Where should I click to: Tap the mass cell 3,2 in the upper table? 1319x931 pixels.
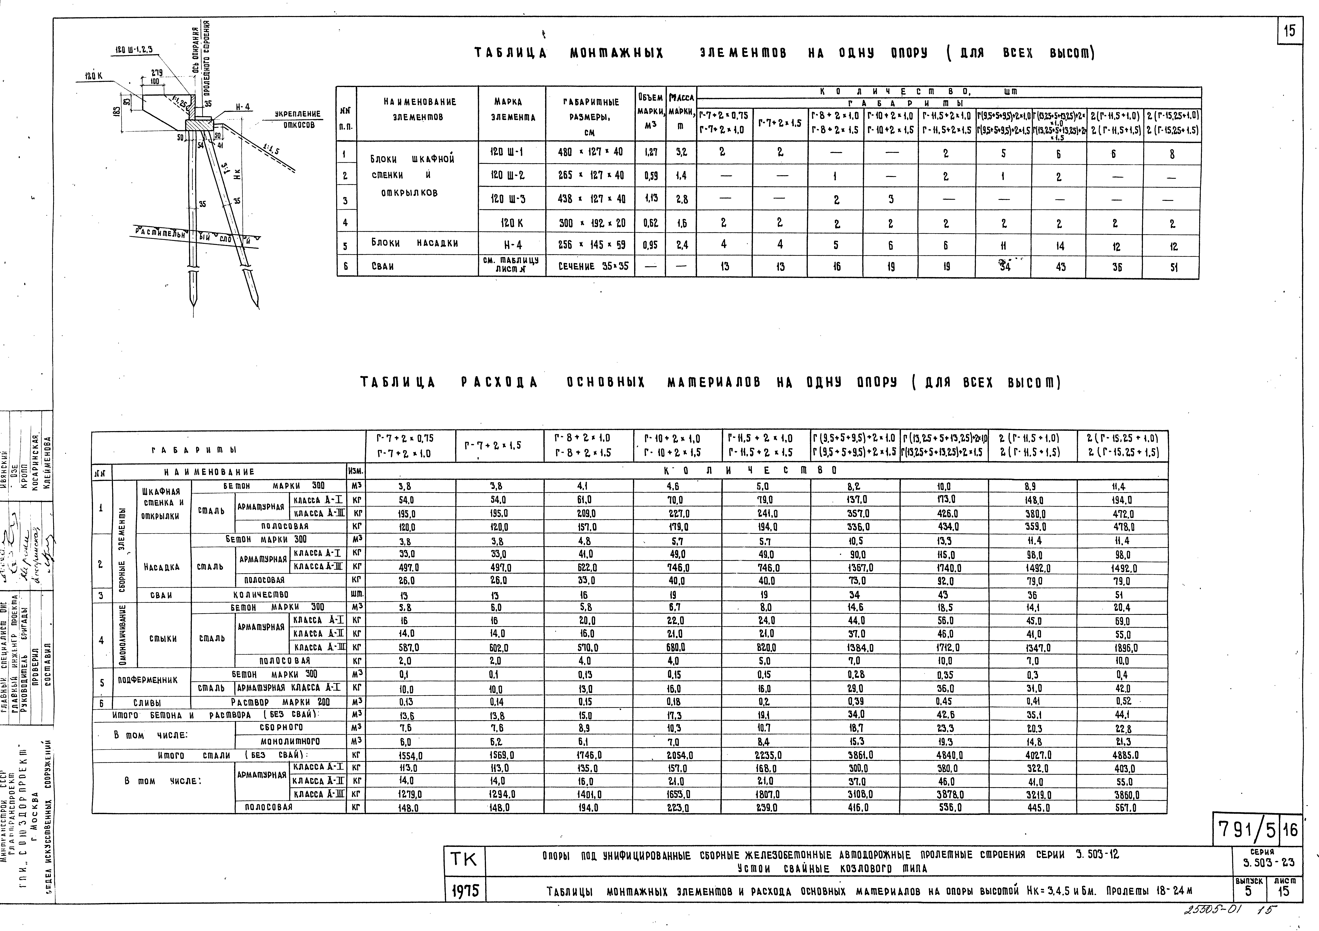click(681, 152)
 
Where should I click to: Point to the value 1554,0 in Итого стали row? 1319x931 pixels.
click(410, 756)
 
